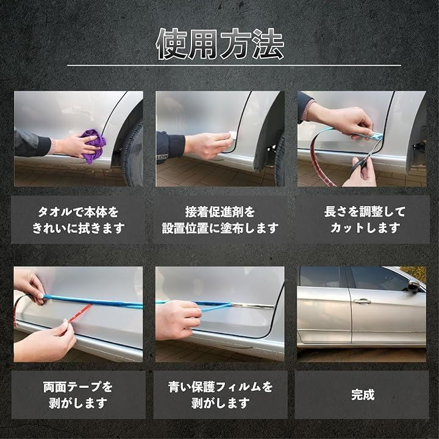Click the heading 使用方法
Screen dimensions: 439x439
tap(220, 44)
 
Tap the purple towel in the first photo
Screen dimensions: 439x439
tap(94, 145)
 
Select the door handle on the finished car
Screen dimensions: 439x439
tap(362, 301)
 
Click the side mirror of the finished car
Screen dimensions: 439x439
tap(414, 286)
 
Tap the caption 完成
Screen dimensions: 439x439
tap(363, 394)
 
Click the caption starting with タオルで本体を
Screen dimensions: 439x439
tap(78, 220)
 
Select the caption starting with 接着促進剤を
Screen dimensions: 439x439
tap(220, 220)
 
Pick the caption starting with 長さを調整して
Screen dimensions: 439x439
tap(365, 220)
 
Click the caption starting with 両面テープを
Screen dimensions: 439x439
tap(78, 395)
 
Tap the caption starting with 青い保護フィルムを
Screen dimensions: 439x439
tap(220, 395)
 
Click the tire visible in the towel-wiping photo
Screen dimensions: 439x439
tap(134, 154)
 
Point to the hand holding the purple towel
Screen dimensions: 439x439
tap(75, 146)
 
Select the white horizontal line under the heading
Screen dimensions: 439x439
tap(234, 66)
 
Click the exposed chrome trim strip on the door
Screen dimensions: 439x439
tap(252, 305)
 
